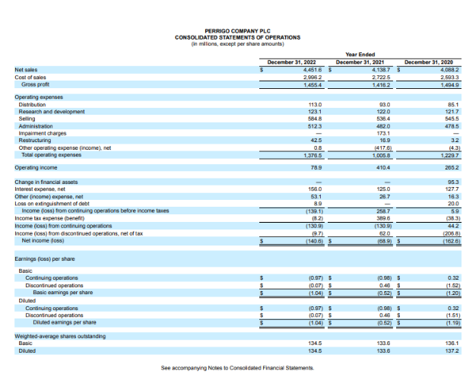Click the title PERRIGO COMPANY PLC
237,31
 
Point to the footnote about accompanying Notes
237,367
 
